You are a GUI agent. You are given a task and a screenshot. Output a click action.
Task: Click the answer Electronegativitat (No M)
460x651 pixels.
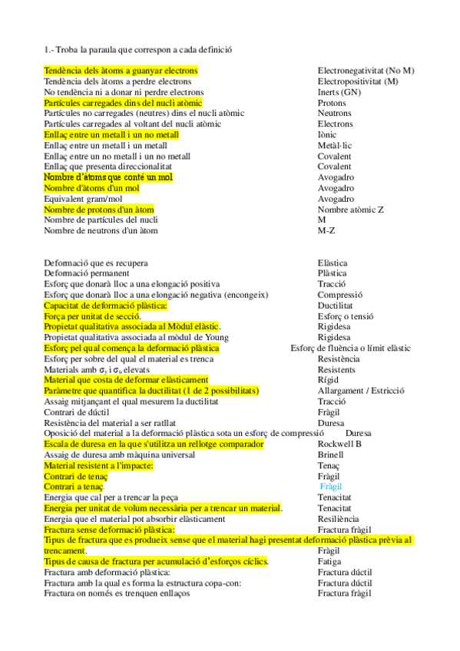366,71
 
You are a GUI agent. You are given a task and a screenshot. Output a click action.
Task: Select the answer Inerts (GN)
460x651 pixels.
339,92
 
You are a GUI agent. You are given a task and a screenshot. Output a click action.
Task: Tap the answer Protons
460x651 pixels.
332,103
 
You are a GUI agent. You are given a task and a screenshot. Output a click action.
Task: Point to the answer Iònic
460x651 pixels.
329,134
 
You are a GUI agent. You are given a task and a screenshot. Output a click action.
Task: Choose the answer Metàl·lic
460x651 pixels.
335,145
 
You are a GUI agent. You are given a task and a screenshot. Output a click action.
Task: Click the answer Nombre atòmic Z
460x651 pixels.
351,209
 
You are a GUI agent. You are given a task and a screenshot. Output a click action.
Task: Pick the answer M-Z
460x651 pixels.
326,230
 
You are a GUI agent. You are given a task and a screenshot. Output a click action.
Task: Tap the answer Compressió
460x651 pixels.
340,295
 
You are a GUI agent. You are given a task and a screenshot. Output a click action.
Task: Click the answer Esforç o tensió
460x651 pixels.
346,316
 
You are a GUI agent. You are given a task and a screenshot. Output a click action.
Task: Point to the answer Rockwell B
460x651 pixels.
339,444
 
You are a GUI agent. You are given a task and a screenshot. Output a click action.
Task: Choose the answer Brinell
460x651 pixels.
331,454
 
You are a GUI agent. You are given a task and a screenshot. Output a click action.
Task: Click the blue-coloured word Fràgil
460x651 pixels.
331,487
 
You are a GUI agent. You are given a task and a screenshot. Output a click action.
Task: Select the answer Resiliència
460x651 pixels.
339,519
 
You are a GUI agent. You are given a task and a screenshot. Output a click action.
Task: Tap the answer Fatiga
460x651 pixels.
329,561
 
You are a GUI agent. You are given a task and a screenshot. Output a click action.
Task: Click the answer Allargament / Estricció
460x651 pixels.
361,391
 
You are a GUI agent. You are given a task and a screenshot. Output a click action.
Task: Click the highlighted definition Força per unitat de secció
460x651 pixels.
92,316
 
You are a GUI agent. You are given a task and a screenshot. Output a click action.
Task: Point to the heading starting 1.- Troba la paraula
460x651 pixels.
138,50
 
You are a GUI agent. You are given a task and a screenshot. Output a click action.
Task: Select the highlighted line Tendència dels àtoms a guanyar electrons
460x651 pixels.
121,71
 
